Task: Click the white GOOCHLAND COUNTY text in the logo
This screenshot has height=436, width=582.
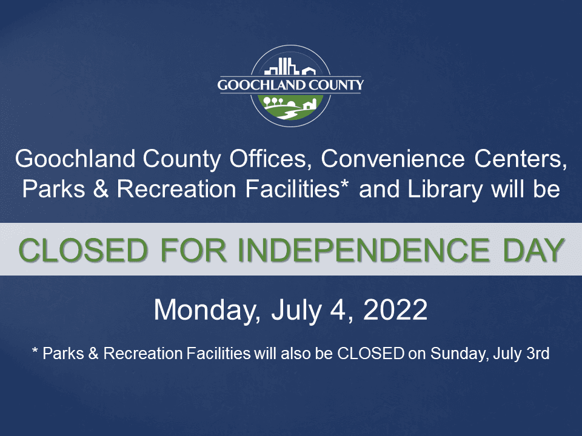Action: click(291, 85)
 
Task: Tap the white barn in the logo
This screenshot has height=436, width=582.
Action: click(309, 105)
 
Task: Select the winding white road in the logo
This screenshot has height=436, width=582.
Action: click(290, 113)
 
